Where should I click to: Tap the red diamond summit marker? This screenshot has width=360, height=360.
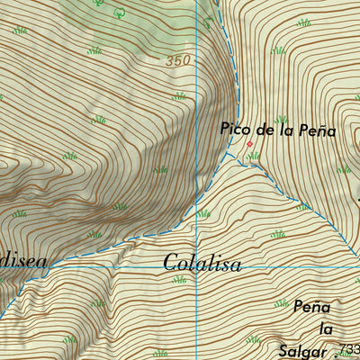pyautogui.click(x=250, y=143)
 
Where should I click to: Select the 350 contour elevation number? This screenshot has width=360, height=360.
pyautogui.click(x=179, y=61)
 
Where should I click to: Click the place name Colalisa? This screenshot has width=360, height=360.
pyautogui.click(x=202, y=264)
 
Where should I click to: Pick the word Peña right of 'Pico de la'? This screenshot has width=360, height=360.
pyautogui.click(x=318, y=130)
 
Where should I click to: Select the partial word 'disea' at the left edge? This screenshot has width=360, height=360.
pyautogui.click(x=22, y=260)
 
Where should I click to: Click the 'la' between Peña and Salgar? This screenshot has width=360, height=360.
pyautogui.click(x=314, y=327)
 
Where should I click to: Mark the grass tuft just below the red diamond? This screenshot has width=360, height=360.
pyautogui.click(x=253, y=157)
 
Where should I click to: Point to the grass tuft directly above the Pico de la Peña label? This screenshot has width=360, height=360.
pyautogui.click(x=281, y=118)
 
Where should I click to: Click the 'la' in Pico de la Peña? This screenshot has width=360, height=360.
pyautogui.click(x=285, y=130)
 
